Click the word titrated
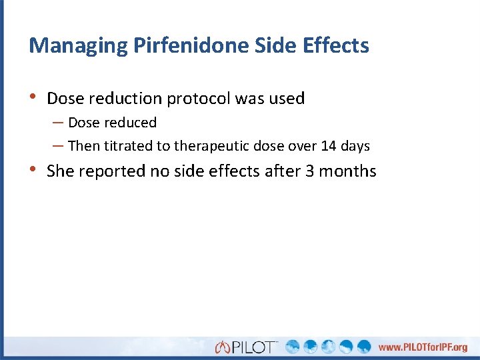click(x=128, y=145)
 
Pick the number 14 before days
click(x=328, y=145)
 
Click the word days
click(x=355, y=145)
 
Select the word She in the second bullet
click(x=61, y=171)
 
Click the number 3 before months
click(x=310, y=171)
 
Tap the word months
click(x=348, y=171)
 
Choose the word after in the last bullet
click(x=283, y=171)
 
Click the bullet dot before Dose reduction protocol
click(x=34, y=97)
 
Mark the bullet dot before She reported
click(x=34, y=170)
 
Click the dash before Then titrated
click(x=57, y=145)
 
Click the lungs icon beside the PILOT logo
click(x=223, y=347)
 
